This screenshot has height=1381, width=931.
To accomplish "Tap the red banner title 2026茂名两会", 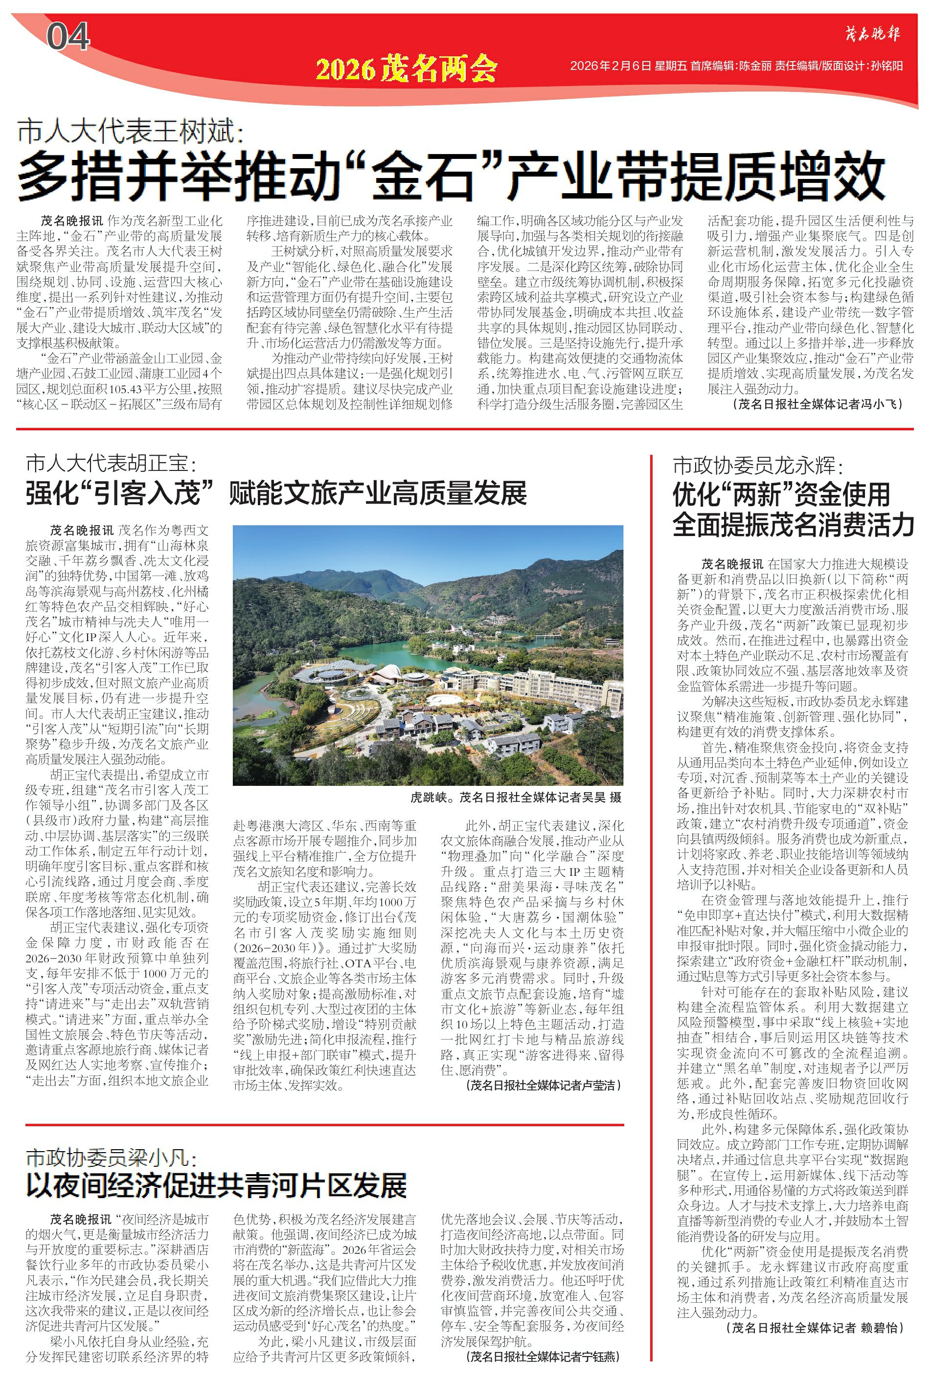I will pyautogui.click(x=406, y=69).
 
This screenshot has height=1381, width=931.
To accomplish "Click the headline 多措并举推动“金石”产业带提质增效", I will pyautogui.click(x=451, y=175).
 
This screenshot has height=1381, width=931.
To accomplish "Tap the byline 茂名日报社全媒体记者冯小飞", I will pyautogui.click(x=819, y=404).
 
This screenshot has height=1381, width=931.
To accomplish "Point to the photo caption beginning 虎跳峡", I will pyautogui.click(x=515, y=797).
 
